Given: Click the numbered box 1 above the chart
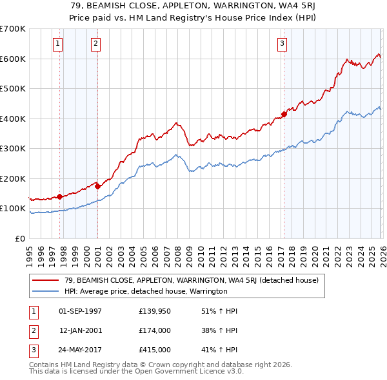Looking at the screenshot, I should click(58, 44).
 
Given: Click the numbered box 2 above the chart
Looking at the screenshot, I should click(95, 44).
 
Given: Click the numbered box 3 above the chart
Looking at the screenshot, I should click(283, 44).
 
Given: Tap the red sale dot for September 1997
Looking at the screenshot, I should click(59, 196).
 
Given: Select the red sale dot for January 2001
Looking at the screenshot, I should click(97, 186).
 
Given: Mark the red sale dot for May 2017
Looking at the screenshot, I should click(284, 114).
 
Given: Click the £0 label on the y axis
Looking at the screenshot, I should click(19, 238).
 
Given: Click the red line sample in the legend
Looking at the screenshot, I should click(46, 280).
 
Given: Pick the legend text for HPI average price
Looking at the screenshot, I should click(146, 291).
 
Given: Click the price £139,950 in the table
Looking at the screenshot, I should click(155, 310).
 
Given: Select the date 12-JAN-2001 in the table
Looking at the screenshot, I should click(81, 330).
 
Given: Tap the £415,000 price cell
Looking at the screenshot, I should click(155, 350).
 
